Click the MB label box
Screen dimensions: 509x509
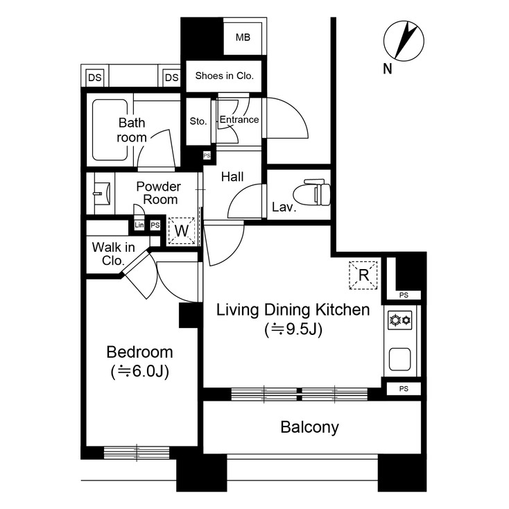243,37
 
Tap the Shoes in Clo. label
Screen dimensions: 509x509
224,76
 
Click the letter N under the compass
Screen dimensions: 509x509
387,68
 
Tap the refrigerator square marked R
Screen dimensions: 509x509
363,275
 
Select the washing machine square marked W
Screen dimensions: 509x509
182,231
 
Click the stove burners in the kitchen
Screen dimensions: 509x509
400,320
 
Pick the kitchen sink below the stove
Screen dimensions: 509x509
401,359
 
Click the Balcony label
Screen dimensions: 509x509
309,427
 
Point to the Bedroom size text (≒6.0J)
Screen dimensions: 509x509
139,372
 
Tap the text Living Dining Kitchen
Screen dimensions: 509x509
293,310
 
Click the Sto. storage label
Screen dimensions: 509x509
198,121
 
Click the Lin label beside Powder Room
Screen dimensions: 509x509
139,225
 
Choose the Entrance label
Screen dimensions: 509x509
239,120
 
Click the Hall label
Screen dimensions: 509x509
232,178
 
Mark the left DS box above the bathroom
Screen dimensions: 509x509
94,78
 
